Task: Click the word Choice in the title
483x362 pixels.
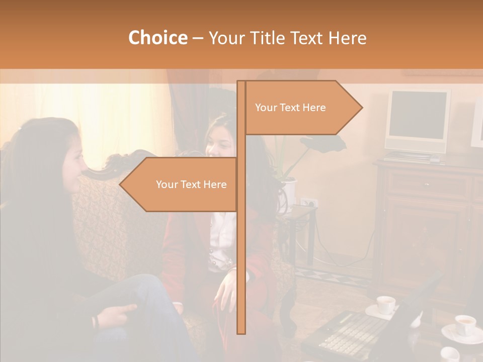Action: coord(157,38)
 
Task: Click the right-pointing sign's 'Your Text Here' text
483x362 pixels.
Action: coord(290,108)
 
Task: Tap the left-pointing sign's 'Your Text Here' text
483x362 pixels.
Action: coord(191,185)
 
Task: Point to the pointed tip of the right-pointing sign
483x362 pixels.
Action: coord(361,107)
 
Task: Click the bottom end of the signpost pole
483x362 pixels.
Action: coord(242,332)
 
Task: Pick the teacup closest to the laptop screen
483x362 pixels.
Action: coord(386,305)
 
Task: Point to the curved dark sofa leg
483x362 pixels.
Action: coord(288,312)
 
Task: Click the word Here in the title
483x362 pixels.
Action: coord(347,38)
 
